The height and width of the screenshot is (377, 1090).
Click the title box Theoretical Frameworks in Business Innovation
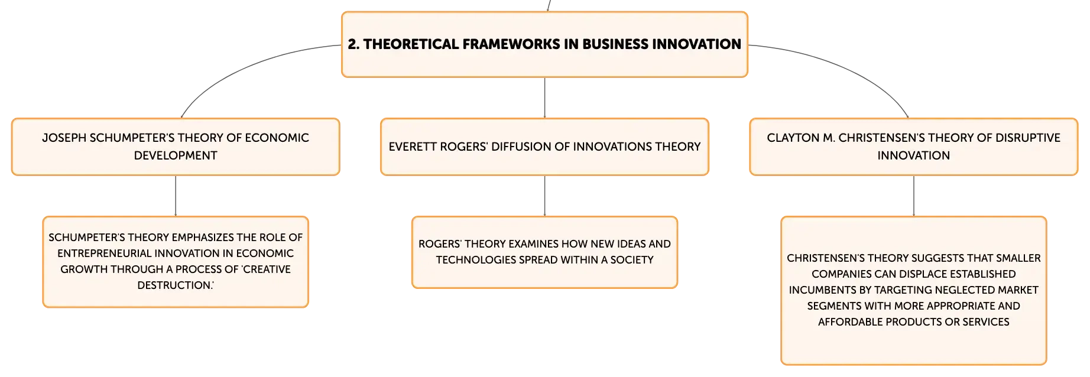544,44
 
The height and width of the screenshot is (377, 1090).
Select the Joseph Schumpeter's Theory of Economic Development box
176,147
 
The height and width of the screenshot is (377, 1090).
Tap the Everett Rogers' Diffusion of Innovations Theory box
544,147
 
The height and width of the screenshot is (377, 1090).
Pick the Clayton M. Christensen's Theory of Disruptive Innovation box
913,147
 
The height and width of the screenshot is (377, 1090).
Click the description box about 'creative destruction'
176,262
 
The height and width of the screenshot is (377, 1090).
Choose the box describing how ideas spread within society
544,252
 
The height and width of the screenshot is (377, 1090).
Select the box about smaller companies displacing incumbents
913,291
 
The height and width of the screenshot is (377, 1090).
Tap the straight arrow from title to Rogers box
544,97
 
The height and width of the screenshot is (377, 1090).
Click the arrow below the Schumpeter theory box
176,196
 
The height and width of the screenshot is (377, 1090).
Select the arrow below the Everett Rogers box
544,196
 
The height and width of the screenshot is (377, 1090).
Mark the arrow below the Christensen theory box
913,196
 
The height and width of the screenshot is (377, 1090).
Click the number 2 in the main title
353,44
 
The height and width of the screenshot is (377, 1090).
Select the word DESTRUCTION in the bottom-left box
176,285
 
